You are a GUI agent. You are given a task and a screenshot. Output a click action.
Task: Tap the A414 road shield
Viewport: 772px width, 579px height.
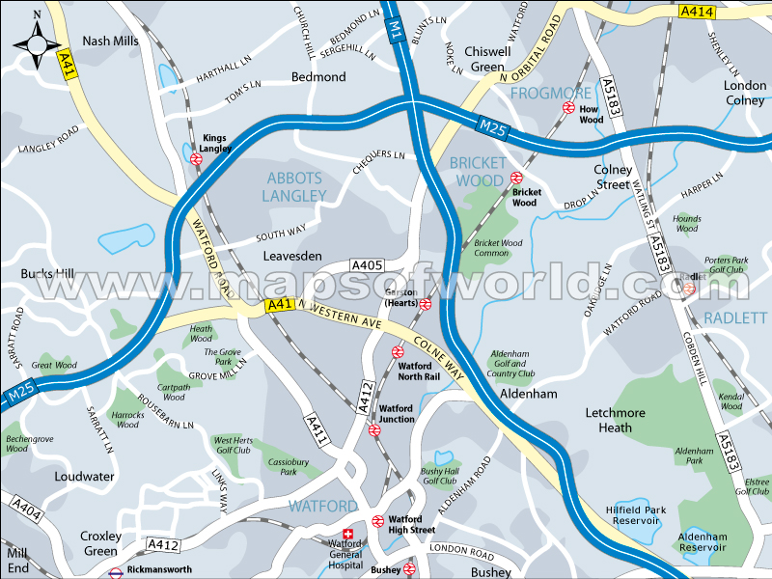pyautogui.click(x=696, y=12)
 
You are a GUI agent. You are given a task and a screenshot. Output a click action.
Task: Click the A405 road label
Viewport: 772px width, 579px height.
pyautogui.click(x=368, y=265)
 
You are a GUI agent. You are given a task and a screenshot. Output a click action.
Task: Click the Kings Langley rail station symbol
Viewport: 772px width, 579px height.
pyautogui.click(x=196, y=159)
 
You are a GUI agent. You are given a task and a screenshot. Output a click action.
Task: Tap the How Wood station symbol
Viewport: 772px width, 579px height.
pyautogui.click(x=568, y=108)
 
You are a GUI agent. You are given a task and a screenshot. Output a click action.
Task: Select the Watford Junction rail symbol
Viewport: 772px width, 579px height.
pyautogui.click(x=375, y=429)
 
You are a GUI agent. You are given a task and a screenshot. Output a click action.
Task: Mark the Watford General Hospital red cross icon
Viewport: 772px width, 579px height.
pyautogui.click(x=348, y=534)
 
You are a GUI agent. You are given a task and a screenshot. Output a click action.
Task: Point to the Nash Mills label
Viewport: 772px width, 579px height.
pyautogui.click(x=110, y=41)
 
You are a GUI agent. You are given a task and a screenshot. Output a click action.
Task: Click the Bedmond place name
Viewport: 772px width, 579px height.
pyautogui.click(x=318, y=76)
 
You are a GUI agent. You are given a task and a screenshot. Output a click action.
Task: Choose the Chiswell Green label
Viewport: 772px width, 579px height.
pyautogui.click(x=487, y=59)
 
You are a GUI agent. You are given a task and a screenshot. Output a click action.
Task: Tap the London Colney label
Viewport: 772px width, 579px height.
pyautogui.click(x=745, y=93)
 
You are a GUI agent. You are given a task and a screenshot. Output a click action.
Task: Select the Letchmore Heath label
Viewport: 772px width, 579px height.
pyautogui.click(x=615, y=420)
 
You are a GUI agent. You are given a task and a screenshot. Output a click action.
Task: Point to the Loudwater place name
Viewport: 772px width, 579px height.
pyautogui.click(x=84, y=476)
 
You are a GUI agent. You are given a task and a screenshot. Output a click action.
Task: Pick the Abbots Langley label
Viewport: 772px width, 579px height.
pyautogui.click(x=294, y=186)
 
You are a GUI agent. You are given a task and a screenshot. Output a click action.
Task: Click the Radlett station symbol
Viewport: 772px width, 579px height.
pyautogui.click(x=689, y=288)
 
